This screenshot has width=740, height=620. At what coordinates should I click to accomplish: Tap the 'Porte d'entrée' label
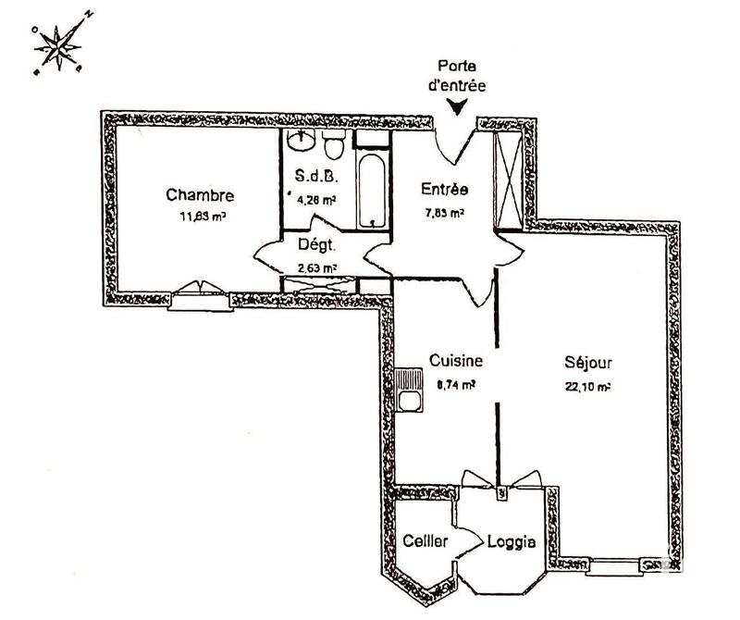click(459, 76)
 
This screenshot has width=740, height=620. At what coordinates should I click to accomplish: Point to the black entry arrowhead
click(457, 106)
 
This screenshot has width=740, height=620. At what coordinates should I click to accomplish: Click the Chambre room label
click(200, 195)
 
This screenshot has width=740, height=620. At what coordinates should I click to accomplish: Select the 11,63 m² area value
click(203, 217)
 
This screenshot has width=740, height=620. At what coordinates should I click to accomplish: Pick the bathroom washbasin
click(301, 142)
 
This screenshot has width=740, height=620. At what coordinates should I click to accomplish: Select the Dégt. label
click(316, 246)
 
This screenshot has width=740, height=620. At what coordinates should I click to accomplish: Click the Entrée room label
click(445, 190)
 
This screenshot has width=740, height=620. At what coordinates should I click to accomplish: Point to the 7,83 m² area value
click(443, 212)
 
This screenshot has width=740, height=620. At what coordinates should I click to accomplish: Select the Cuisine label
click(450, 362)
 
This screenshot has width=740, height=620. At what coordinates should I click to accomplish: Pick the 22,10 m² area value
click(587, 387)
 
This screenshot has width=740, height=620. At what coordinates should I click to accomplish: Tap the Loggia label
click(512, 543)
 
